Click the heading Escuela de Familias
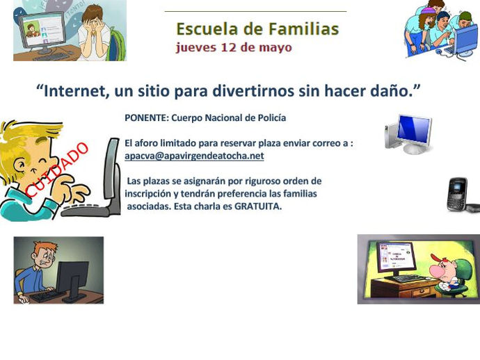tap(257, 29)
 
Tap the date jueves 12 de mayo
tap(234, 47)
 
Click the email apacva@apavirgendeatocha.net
tap(194, 156)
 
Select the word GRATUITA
tap(258, 206)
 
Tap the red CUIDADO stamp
tap(57, 170)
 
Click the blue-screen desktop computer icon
tap(408, 134)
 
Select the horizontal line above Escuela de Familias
tap(255, 11)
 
